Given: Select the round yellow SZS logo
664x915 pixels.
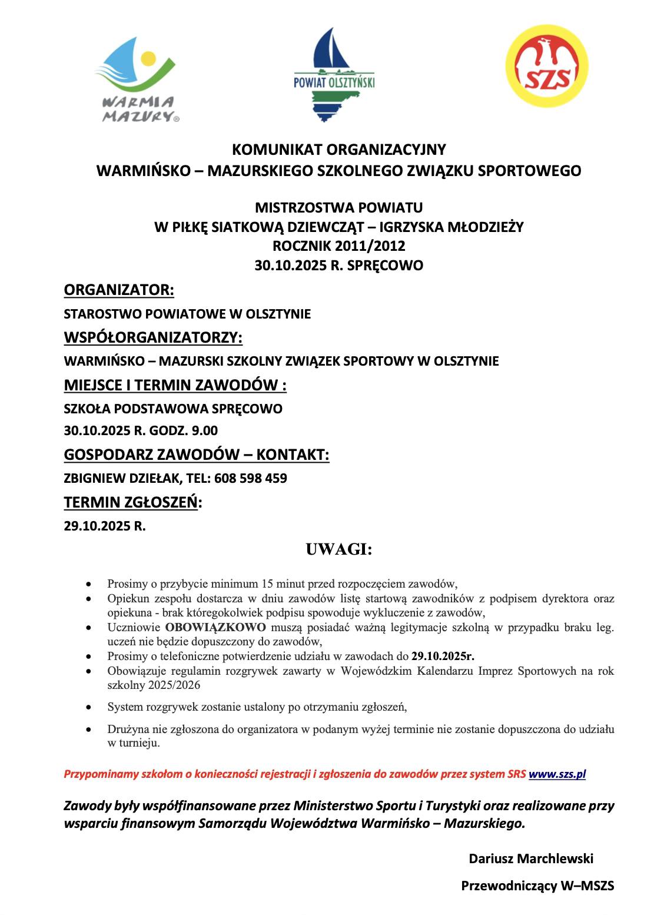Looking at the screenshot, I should pyautogui.click(x=547, y=66).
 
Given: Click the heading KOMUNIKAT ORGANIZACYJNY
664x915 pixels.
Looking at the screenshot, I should pyautogui.click(x=338, y=150).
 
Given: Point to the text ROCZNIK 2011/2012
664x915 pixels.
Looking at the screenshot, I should pyautogui.click(x=338, y=246).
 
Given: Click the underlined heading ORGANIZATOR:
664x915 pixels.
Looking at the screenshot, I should pyautogui.click(x=119, y=290).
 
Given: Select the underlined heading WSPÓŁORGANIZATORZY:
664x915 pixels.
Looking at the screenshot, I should pyautogui.click(x=153, y=337).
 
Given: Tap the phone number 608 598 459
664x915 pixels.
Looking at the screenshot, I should pyautogui.click(x=251, y=478).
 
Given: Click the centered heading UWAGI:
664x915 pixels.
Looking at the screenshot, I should pyautogui.click(x=338, y=549).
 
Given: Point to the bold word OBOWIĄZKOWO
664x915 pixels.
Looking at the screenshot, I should pyautogui.click(x=215, y=627).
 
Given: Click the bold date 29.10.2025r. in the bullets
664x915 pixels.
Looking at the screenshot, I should pyautogui.click(x=443, y=656).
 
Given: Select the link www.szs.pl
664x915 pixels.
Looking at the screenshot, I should pyautogui.click(x=557, y=774).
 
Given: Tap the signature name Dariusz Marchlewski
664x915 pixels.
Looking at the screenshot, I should pyautogui.click(x=530, y=858).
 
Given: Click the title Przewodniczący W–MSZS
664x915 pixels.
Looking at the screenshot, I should pyautogui.click(x=537, y=886).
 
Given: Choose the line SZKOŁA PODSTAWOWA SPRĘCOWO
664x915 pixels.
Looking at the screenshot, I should pyautogui.click(x=173, y=409).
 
